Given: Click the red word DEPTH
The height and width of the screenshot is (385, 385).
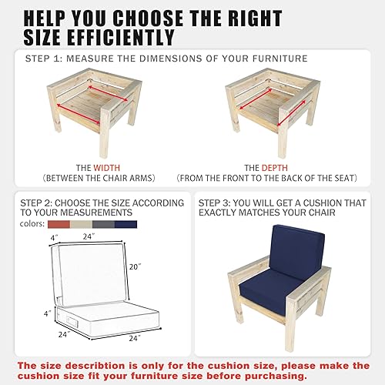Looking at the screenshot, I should pos(276,167).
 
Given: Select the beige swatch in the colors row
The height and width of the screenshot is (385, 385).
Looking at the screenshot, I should pos(81,224).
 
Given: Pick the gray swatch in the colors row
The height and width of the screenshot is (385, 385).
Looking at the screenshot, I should pos(103,224).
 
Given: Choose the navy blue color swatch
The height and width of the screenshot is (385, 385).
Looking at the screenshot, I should pos(126,224).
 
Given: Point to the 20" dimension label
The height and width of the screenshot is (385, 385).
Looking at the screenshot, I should pos(136,267).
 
